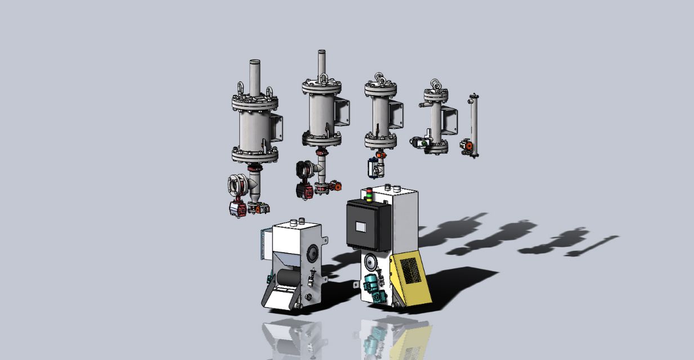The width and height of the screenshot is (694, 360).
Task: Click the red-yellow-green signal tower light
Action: click(369, 194)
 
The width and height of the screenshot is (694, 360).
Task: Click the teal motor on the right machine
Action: click(371, 283)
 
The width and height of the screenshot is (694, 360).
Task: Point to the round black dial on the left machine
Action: click(311, 254)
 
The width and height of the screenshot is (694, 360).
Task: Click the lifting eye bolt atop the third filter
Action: click(380, 79)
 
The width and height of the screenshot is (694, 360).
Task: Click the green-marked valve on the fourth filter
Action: click(420, 143)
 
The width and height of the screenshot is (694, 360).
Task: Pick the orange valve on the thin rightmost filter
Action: click(466, 145)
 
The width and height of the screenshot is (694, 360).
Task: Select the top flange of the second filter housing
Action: click(321, 88)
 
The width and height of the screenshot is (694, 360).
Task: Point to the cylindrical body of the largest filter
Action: click(254, 131)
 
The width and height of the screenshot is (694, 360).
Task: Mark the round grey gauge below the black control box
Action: click(370, 262)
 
